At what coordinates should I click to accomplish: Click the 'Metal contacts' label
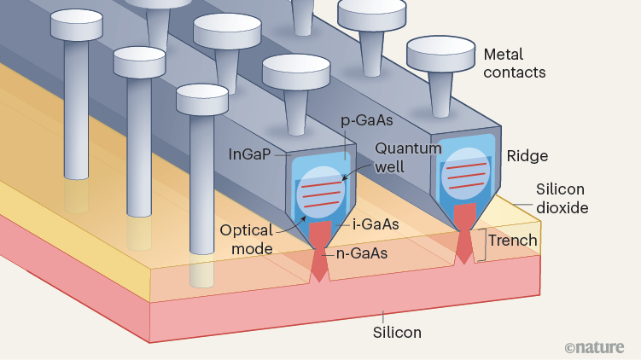click(x=514, y=63)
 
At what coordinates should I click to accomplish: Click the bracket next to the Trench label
click(x=483, y=244)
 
